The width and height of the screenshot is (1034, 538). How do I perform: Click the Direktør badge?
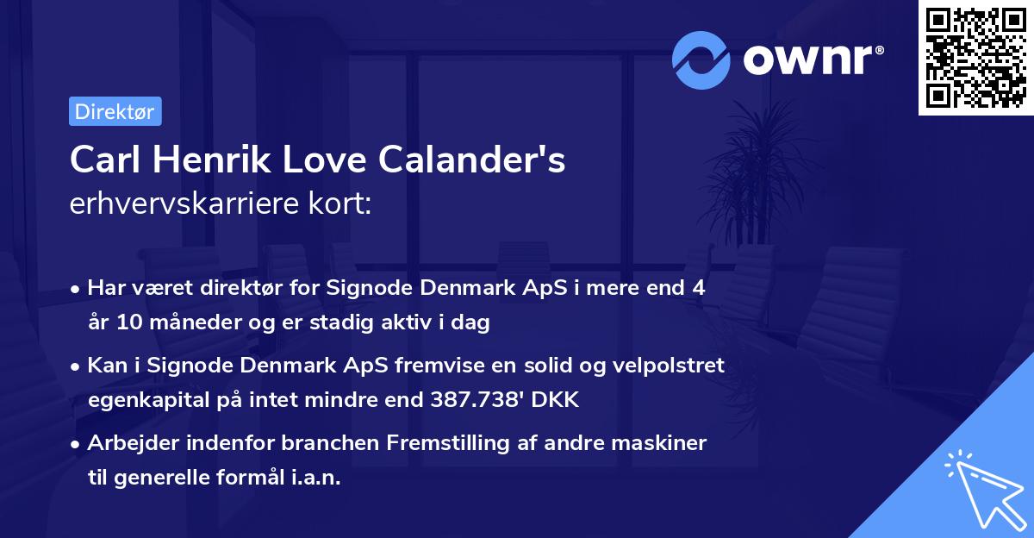[x=115, y=111]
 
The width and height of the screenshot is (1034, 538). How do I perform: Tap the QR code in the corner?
[x=974, y=57]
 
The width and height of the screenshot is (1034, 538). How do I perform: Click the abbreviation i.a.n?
[x=315, y=478]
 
